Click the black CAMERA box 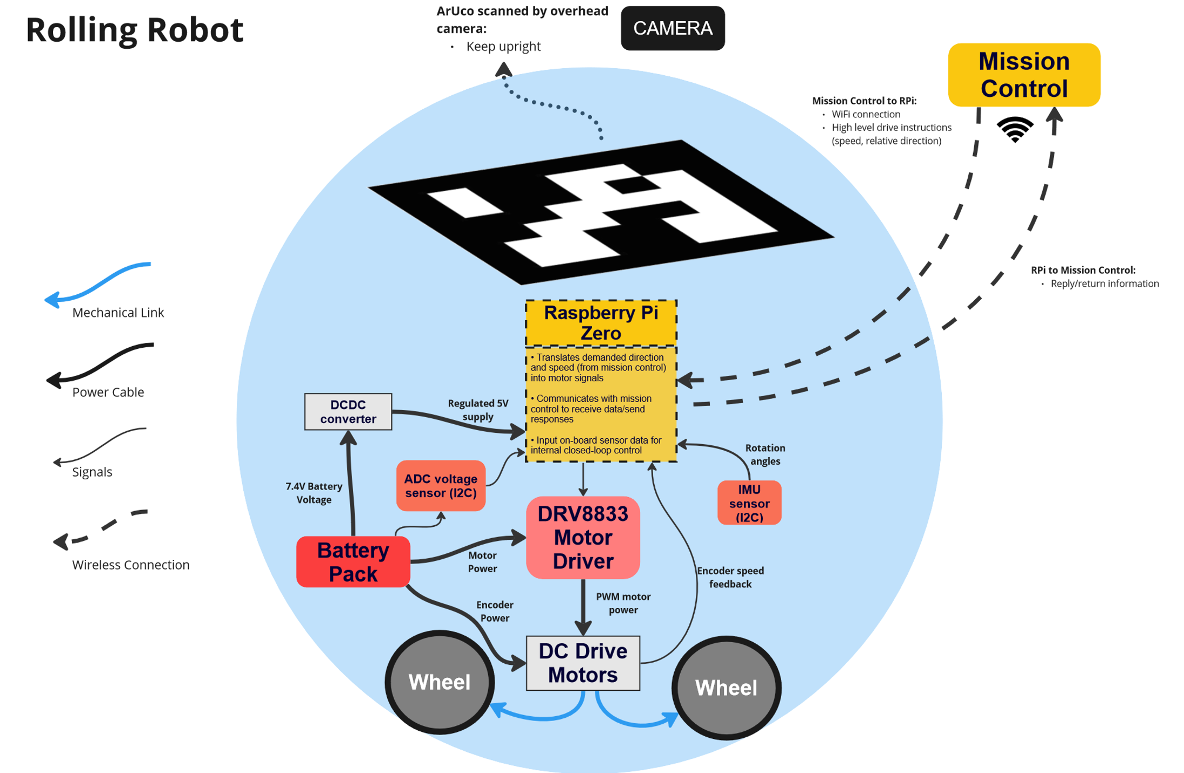pyautogui.click(x=672, y=28)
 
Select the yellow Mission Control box pyautogui.click(x=1023, y=75)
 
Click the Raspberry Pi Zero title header pyautogui.click(x=601, y=323)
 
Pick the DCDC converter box pyautogui.click(x=348, y=412)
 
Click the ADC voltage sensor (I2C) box pyautogui.click(x=440, y=485)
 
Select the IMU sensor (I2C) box pyautogui.click(x=749, y=503)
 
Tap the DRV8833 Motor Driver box pyautogui.click(x=582, y=537)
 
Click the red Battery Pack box pyautogui.click(x=352, y=561)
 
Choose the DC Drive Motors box pyautogui.click(x=582, y=663)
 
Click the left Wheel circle pyautogui.click(x=439, y=682)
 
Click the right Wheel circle pyautogui.click(x=726, y=688)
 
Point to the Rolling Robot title pyautogui.click(x=134, y=30)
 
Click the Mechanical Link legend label pyautogui.click(x=118, y=313)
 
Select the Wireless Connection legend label pyautogui.click(x=130, y=565)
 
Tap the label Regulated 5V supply pyautogui.click(x=477, y=410)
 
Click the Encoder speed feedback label pyautogui.click(x=730, y=577)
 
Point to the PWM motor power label pyautogui.click(x=623, y=603)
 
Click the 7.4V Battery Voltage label pyautogui.click(x=314, y=493)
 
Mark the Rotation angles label pyautogui.click(x=764, y=454)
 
